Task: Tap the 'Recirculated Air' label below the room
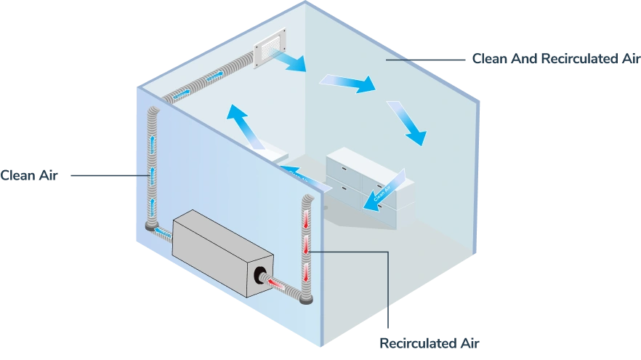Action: click(x=430, y=341)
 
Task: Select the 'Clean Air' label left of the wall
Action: click(x=29, y=175)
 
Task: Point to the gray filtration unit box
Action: click(x=222, y=251)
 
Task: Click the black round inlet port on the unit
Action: click(x=259, y=275)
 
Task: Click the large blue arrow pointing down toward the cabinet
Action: click(x=407, y=122)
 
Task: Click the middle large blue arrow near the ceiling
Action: click(x=350, y=82)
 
